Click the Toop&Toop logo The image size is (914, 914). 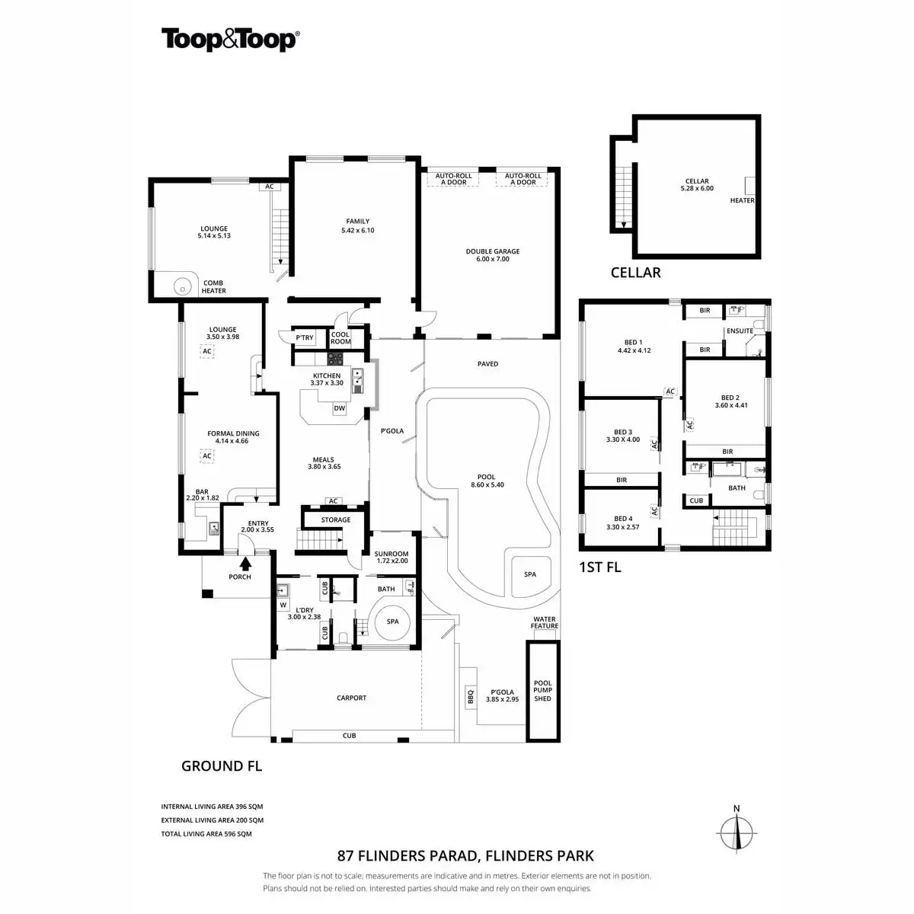pos(229,39)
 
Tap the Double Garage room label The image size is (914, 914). pos(493,255)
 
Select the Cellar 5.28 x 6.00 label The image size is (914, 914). pos(697,185)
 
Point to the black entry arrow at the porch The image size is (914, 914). pos(245,564)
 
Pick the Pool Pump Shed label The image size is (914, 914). pos(542,691)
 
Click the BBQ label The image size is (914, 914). pos(470,695)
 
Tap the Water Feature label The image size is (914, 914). pos(545,623)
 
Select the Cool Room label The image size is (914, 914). pos(340,338)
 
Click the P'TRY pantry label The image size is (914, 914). pos(305,338)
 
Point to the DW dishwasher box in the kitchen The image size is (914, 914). pos(340,408)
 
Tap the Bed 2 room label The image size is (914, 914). pos(730,401)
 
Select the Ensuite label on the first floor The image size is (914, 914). pos(740,331)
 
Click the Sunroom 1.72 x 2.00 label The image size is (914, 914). pos(392,558)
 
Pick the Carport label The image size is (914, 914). pos(351,698)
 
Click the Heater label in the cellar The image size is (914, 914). pos(742,201)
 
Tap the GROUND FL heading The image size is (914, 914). pos(221,766)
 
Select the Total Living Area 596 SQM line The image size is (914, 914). pos(206,834)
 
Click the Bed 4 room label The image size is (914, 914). pos(624,523)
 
